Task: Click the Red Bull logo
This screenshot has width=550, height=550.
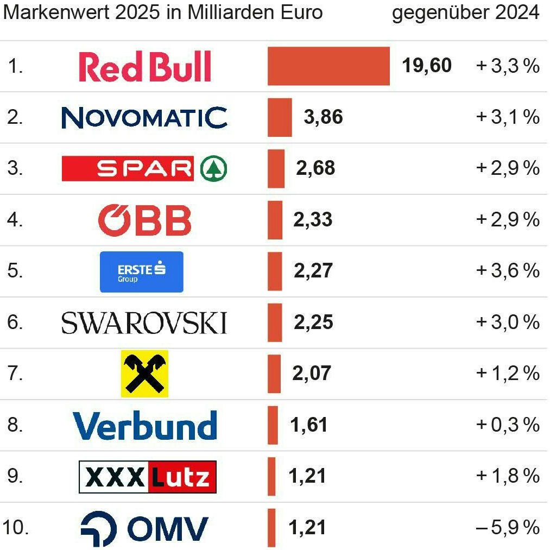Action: click(x=145, y=67)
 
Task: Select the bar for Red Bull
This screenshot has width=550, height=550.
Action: click(x=328, y=66)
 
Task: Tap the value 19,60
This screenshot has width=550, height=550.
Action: click(x=426, y=66)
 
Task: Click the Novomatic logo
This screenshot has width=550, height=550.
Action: click(x=144, y=117)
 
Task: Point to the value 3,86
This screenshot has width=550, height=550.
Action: click(x=323, y=117)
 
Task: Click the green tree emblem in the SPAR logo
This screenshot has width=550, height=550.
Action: click(x=213, y=169)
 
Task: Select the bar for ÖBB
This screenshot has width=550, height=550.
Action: click(x=275, y=220)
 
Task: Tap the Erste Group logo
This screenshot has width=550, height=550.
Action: click(x=142, y=271)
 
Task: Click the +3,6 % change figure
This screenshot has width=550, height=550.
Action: click(x=508, y=271)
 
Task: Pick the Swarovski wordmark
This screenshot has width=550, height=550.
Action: click(x=144, y=323)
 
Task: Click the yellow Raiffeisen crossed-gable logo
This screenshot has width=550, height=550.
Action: click(x=144, y=374)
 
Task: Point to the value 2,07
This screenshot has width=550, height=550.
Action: click(x=311, y=374)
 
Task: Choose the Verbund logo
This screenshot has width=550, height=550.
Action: click(x=145, y=425)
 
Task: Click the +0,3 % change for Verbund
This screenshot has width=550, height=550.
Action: click(x=508, y=425)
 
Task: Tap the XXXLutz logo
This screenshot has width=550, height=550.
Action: click(x=148, y=477)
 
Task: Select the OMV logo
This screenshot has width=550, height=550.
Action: click(x=144, y=528)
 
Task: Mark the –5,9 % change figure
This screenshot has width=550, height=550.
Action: click(x=508, y=527)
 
